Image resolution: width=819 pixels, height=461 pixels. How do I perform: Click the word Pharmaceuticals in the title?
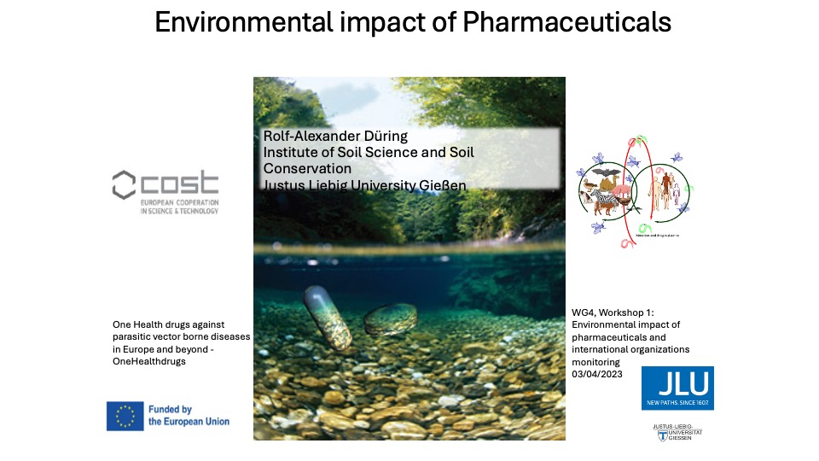coord(566,23)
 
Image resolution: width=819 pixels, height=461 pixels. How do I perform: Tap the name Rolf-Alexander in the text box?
coord(306,137)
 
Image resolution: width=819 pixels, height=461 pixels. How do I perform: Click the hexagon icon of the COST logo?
coord(125,183)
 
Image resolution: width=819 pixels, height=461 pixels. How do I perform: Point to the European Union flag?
coord(125,415)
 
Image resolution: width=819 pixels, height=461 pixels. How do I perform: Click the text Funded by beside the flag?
coord(170,409)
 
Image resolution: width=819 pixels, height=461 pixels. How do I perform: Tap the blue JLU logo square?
coord(677,388)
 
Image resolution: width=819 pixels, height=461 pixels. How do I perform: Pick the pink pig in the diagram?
coord(623,190)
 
